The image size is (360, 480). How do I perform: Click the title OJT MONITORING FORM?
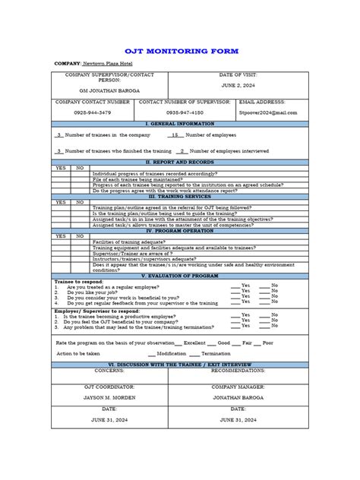click(180, 51)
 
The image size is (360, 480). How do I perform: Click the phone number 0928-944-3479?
click(93, 112)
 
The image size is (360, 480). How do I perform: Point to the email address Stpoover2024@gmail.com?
click(268, 112)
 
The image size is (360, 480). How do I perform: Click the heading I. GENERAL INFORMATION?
click(180, 122)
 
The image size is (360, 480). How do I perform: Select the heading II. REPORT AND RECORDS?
click(180, 162)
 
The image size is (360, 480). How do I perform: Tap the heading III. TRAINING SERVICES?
click(180, 196)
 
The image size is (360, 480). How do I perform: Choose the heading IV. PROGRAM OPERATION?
click(180, 230)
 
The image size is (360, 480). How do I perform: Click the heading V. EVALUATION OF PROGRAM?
click(180, 275)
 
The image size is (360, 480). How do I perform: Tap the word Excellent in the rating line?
click(194, 343)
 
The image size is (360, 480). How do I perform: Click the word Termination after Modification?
click(216, 353)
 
